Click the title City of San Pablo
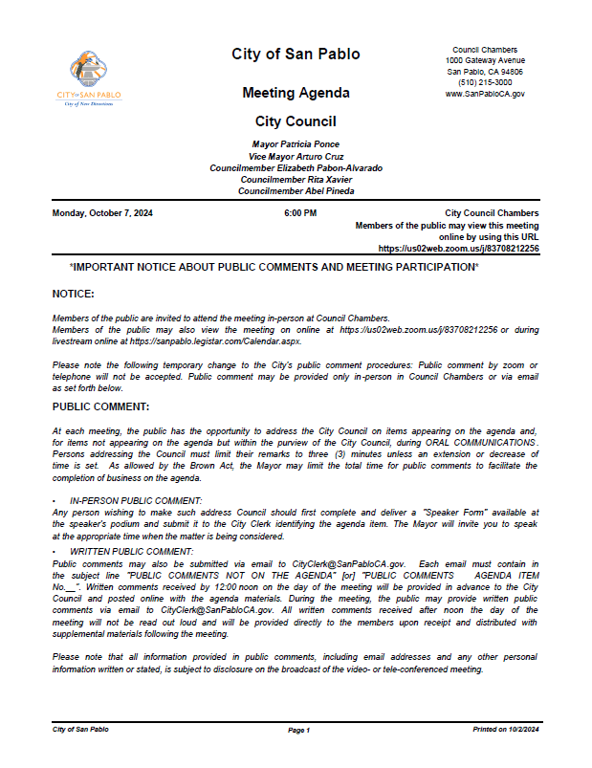pyautogui.click(x=296, y=55)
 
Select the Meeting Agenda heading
pyautogui.click(x=296, y=94)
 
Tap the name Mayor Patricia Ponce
pyautogui.click(x=296, y=143)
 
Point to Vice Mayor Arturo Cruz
pyautogui.click(x=296, y=156)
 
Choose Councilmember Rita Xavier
pyautogui.click(x=296, y=180)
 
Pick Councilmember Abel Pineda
pyautogui.click(x=296, y=191)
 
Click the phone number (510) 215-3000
pyautogui.click(x=485, y=83)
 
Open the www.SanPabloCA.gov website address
pyautogui.click(x=485, y=94)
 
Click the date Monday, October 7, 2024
pyautogui.click(x=102, y=213)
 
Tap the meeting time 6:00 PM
pyautogui.click(x=300, y=213)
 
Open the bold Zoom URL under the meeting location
pyautogui.click(x=458, y=249)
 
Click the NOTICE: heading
pyautogui.click(x=73, y=294)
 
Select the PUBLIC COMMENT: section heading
pyautogui.click(x=100, y=407)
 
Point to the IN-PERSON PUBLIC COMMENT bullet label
pyautogui.click(x=135, y=501)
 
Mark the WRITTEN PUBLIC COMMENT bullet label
pyautogui.click(x=131, y=553)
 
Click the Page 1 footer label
pyautogui.click(x=299, y=730)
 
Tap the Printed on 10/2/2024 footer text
pyautogui.click(x=506, y=730)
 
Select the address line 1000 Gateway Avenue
pyautogui.click(x=485, y=61)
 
